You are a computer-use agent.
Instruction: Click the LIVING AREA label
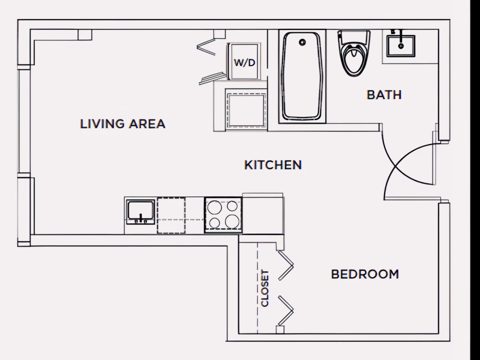click(123, 124)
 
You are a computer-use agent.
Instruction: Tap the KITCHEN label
click(273, 165)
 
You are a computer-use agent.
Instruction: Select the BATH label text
click(384, 95)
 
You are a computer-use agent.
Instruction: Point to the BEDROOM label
click(365, 274)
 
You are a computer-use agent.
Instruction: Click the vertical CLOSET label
click(265, 288)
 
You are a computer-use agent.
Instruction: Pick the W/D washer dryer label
click(244, 63)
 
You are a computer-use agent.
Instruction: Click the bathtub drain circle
click(302, 42)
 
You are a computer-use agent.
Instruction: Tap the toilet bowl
click(354, 59)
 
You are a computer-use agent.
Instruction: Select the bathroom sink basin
click(401, 46)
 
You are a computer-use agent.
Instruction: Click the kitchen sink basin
click(141, 210)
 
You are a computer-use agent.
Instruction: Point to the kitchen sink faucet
click(141, 218)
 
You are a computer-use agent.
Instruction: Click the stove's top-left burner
click(214, 207)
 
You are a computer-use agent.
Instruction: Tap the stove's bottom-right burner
click(232, 221)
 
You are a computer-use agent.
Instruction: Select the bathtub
click(302, 76)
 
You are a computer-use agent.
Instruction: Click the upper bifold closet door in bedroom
click(286, 265)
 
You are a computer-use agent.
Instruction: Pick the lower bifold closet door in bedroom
click(286, 311)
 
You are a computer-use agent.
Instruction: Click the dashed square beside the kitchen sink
click(171, 215)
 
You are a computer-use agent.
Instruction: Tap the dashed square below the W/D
click(246, 111)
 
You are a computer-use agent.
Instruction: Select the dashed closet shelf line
click(257, 288)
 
